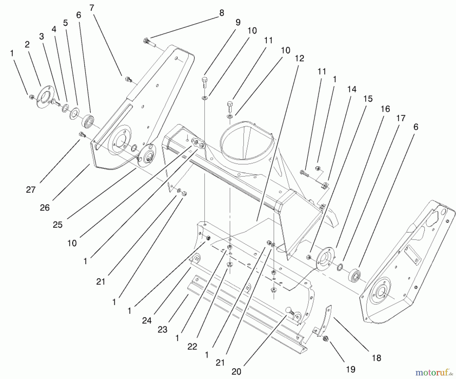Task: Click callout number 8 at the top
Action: pos(222,13)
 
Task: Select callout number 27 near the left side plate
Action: pos(31,189)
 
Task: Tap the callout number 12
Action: pos(299,58)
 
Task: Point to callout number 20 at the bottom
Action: pos(236,371)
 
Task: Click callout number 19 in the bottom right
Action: pos(351,369)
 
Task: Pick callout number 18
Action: pos(376,358)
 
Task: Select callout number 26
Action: pos(45,208)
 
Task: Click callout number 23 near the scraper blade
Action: pos(162,329)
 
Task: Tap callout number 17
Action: pos(401,118)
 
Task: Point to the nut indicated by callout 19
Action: pos(326,339)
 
